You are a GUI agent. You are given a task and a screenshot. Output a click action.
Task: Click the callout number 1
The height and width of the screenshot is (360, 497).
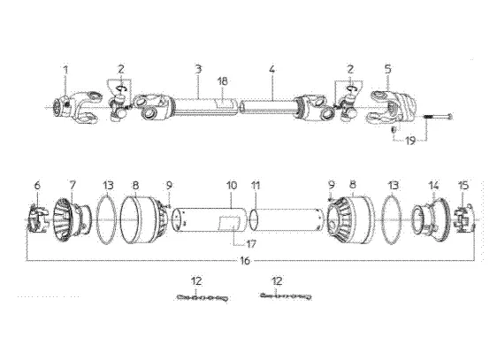(64, 68)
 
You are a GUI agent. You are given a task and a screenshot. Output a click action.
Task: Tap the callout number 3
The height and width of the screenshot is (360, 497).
(198, 68)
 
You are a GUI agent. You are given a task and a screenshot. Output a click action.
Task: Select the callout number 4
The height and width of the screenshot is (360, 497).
(272, 68)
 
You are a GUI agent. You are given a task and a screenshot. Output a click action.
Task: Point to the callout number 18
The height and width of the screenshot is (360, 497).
(223, 81)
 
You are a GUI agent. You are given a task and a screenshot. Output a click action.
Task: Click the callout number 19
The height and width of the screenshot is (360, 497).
(409, 141)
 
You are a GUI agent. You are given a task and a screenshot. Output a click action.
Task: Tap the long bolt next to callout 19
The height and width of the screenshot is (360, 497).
(438, 117)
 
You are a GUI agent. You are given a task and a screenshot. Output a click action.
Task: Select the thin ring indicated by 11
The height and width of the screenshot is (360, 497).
(254, 217)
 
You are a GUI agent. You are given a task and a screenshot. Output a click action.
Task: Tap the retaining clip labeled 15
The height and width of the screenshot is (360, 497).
(465, 218)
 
